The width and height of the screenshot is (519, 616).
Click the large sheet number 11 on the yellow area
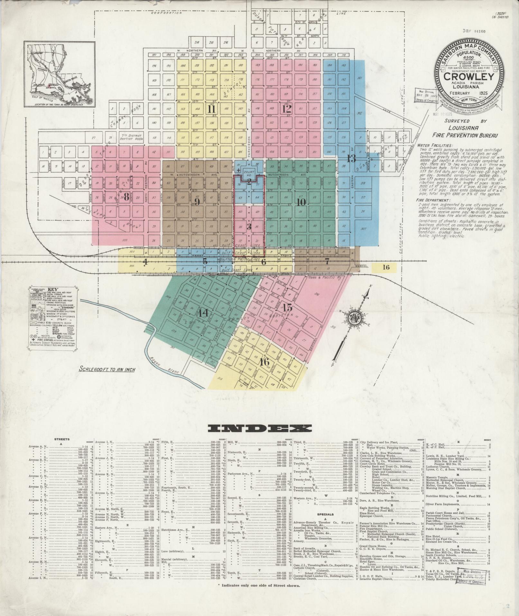pos(211,109)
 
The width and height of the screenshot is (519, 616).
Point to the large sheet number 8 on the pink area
pos(126,196)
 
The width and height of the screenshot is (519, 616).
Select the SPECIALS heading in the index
pos(326,514)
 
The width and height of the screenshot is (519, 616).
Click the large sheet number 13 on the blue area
pos(351,158)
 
